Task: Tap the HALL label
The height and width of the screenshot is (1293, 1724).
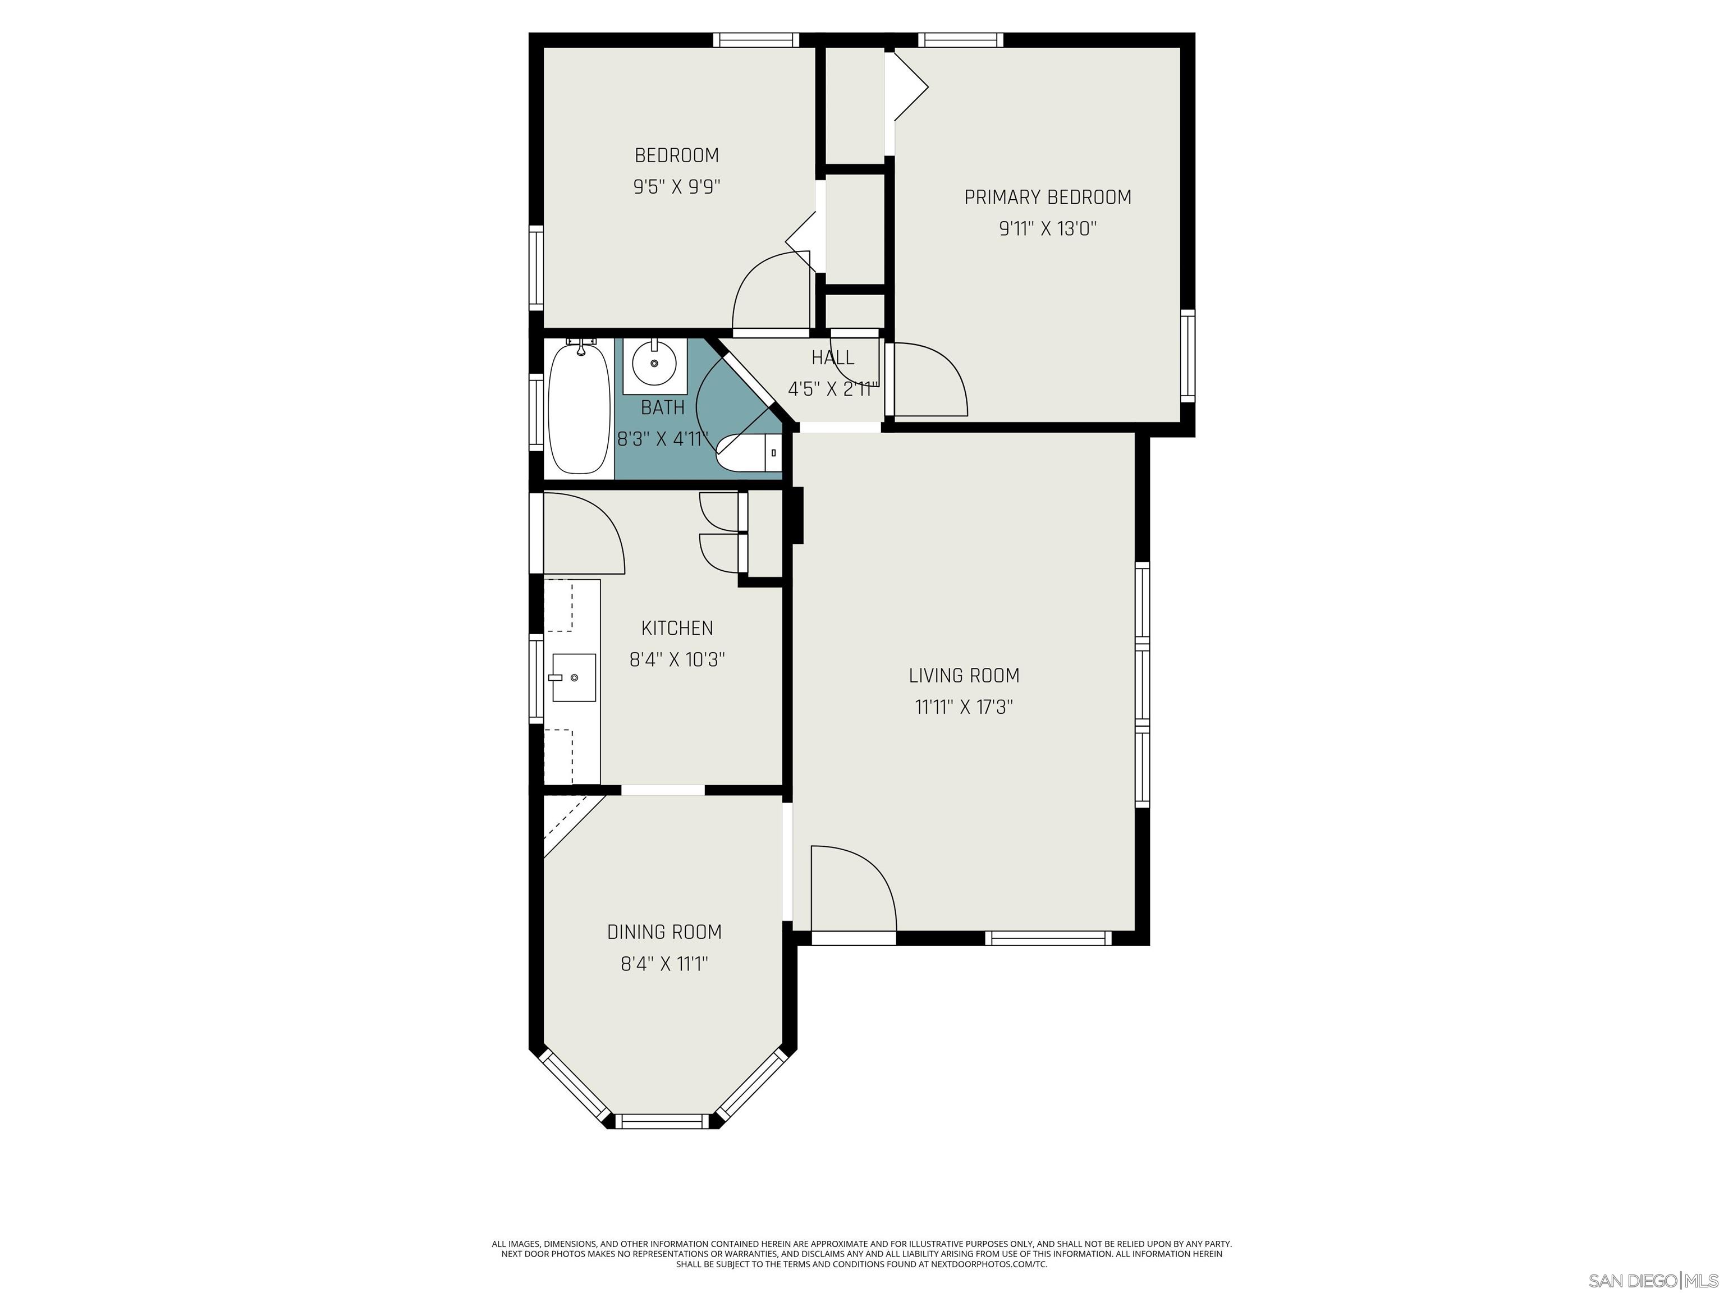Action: click(x=832, y=357)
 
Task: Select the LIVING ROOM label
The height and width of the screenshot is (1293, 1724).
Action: click(x=964, y=675)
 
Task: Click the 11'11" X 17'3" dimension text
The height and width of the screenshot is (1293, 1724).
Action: click(x=964, y=707)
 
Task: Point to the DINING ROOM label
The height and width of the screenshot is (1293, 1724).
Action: click(x=664, y=932)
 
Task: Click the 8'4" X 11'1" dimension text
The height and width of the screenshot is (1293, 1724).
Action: click(x=664, y=964)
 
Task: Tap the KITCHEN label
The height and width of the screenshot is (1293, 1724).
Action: click(x=676, y=627)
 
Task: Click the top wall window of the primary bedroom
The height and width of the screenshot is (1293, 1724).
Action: click(x=960, y=40)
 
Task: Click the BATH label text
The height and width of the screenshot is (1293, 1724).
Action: click(x=662, y=407)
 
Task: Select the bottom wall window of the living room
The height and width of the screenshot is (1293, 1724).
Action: click(x=1048, y=938)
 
